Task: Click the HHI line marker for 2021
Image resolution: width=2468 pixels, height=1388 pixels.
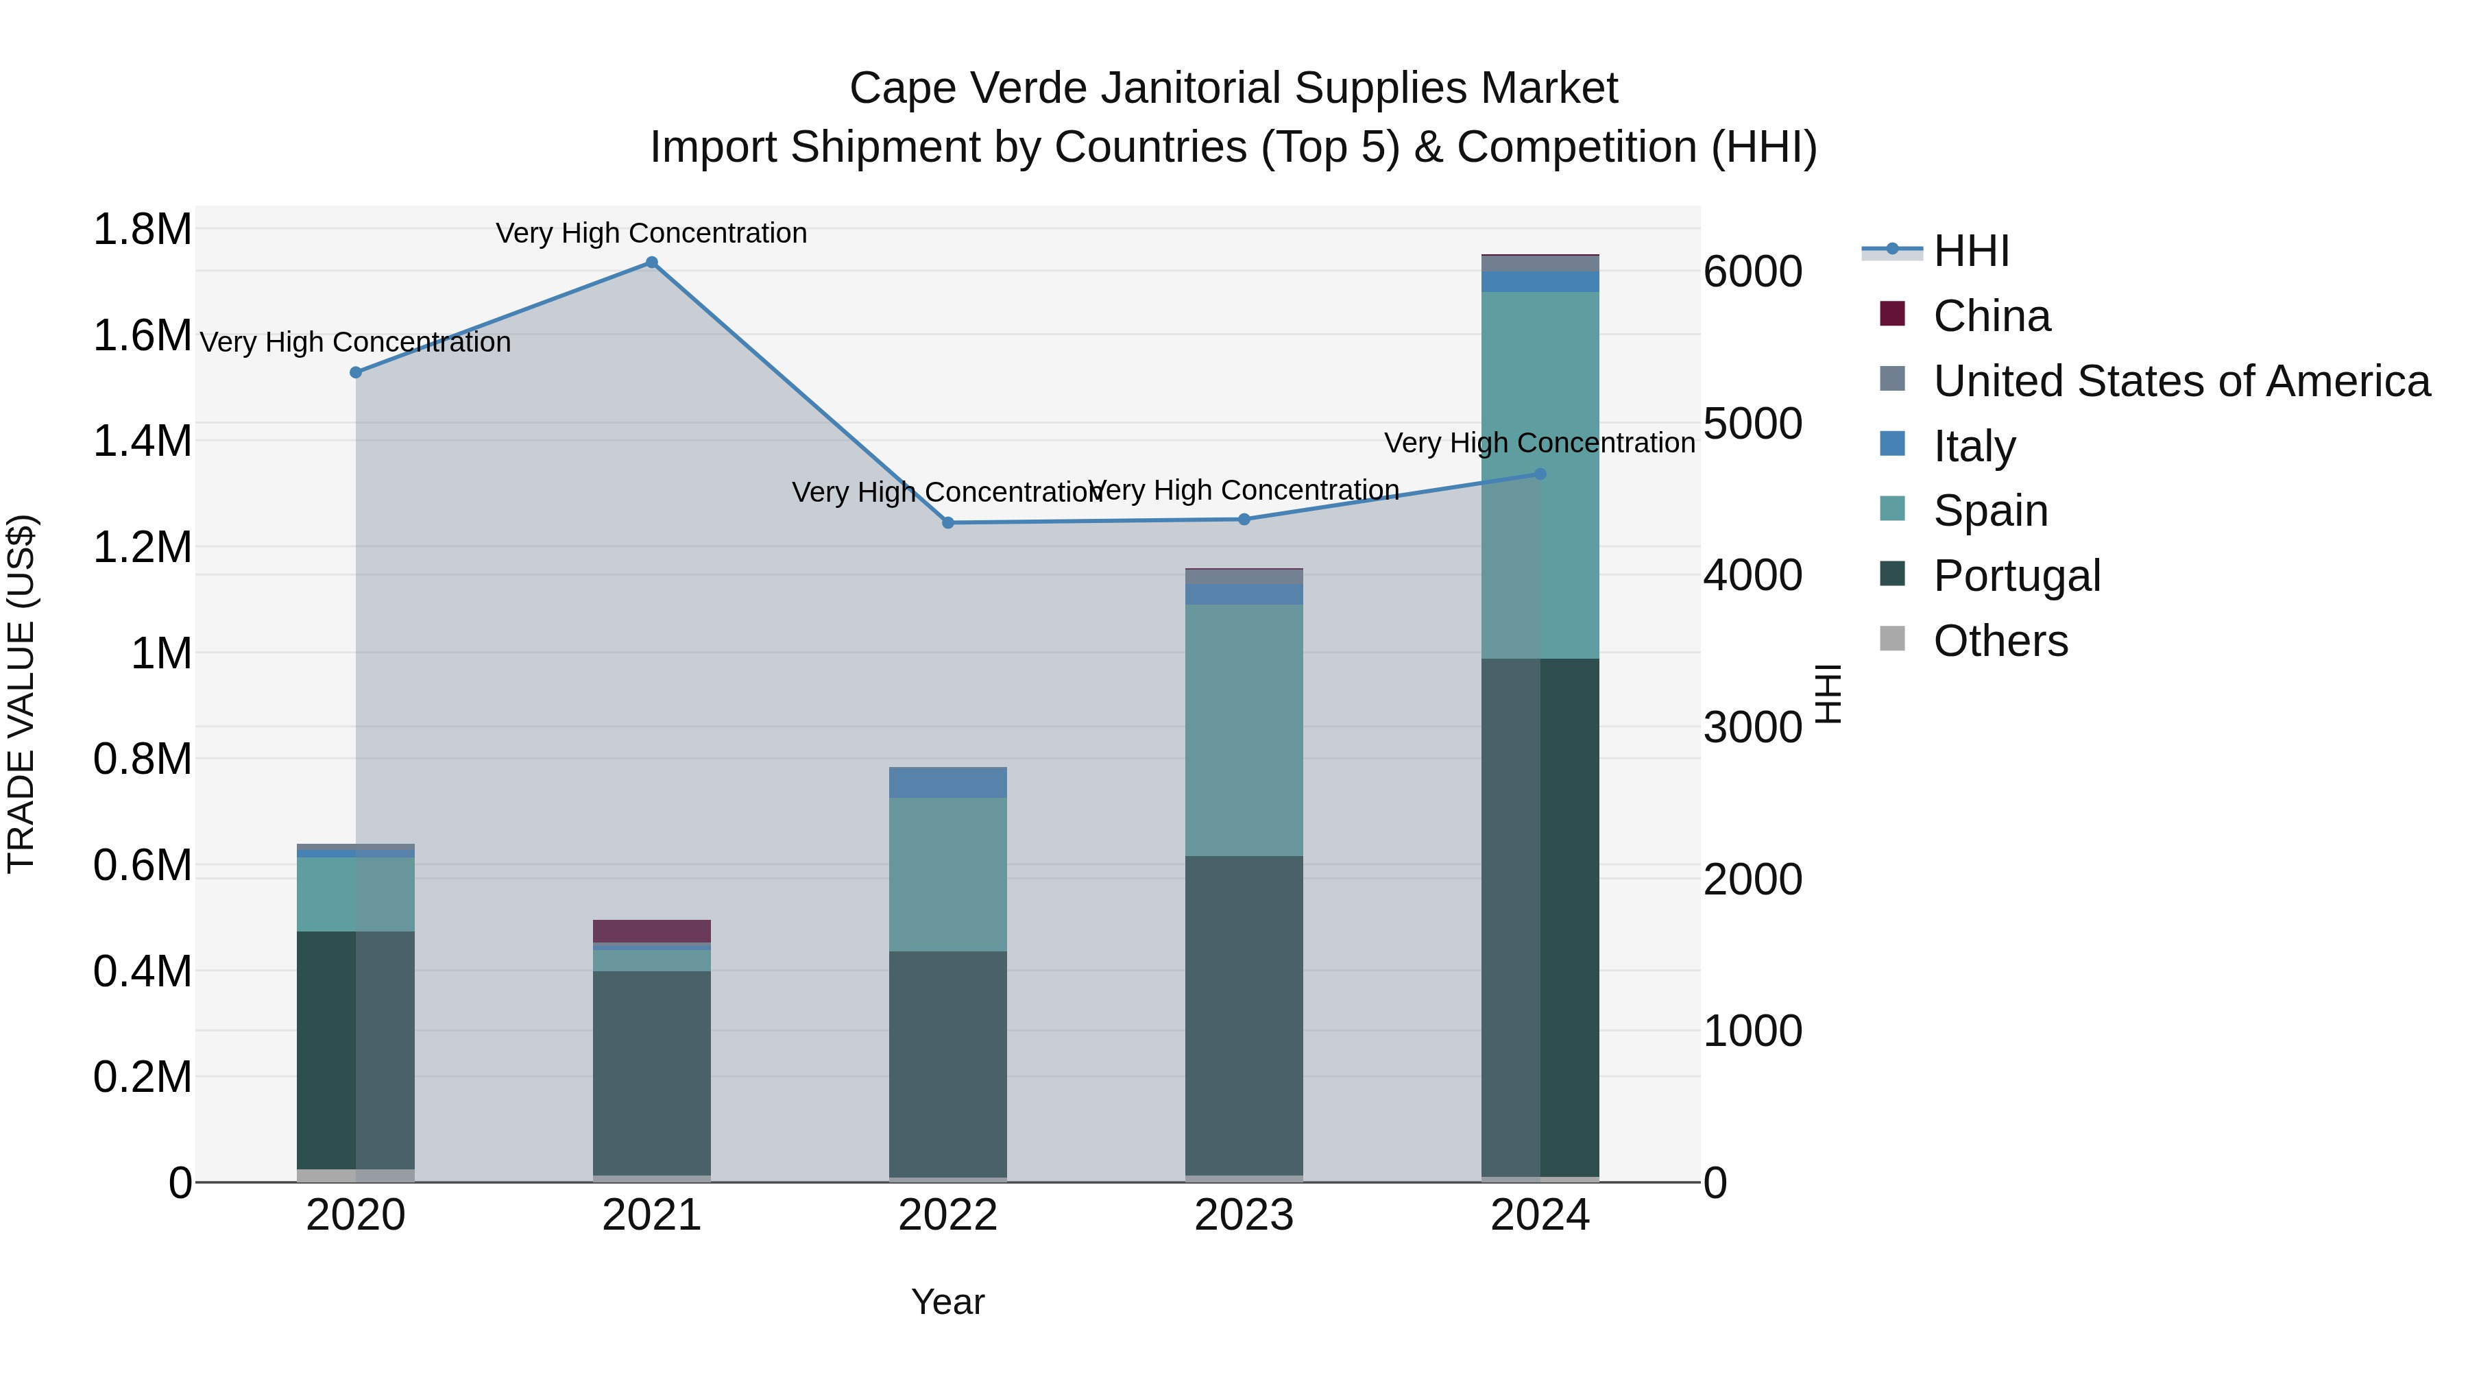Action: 651,263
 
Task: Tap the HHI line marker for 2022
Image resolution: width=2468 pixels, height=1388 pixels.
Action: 947,523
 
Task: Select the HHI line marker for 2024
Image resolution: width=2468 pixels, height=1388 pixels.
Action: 1540,474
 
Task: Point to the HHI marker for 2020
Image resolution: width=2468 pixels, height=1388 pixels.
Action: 355,373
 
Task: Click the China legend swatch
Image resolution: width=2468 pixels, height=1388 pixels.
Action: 1892,314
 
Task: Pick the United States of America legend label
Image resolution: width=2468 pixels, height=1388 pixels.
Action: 2181,381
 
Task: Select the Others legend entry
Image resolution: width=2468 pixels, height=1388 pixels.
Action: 2000,641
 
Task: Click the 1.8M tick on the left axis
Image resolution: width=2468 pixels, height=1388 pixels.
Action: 142,230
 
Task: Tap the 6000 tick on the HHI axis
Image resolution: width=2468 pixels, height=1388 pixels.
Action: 1752,272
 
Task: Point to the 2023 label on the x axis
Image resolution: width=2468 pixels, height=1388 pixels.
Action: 1244,1215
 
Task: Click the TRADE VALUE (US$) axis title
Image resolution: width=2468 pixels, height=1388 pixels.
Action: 21,694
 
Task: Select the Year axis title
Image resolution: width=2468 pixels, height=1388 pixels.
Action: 947,1302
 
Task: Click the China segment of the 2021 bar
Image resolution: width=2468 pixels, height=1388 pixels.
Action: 651,931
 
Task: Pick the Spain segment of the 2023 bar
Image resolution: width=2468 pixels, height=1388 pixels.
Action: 1244,730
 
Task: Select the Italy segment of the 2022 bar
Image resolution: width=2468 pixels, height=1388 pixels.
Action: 947,783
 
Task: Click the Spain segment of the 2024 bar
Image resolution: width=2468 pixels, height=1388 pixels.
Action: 1540,475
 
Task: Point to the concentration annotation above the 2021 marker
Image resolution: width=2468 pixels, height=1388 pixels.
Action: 651,234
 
